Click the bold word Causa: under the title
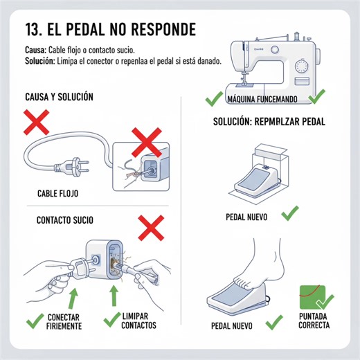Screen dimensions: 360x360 tap(35, 51)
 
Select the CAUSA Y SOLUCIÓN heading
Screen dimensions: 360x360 tap(58, 97)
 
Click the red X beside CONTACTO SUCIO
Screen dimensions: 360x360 tap(151, 226)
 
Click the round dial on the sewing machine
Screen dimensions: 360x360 tap(302, 67)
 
